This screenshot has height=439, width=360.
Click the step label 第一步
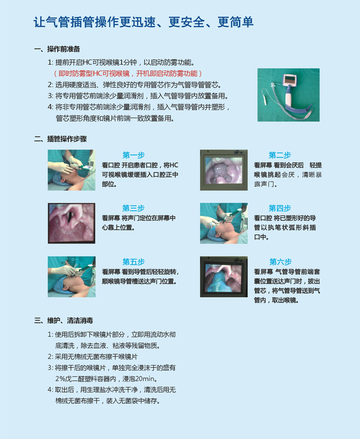(134, 155)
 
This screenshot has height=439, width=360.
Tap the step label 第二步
(280, 155)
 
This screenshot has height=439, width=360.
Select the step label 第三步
(133, 208)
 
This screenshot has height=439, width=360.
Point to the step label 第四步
(280, 208)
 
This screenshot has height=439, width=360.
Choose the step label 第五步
(134, 262)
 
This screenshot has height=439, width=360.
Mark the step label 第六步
(280, 262)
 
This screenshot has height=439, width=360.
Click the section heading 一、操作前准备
(57, 49)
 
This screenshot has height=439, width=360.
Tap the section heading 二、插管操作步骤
(60, 139)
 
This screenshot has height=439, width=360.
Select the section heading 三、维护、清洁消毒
(63, 321)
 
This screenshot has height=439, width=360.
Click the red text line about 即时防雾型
(127, 73)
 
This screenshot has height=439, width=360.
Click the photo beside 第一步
(72, 170)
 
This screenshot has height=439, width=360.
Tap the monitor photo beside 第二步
(224, 170)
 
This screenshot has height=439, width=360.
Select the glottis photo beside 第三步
(72, 223)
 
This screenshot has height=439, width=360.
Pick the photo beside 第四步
(224, 223)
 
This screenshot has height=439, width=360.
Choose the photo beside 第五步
(72, 277)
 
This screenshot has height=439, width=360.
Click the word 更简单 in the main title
(236, 22)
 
